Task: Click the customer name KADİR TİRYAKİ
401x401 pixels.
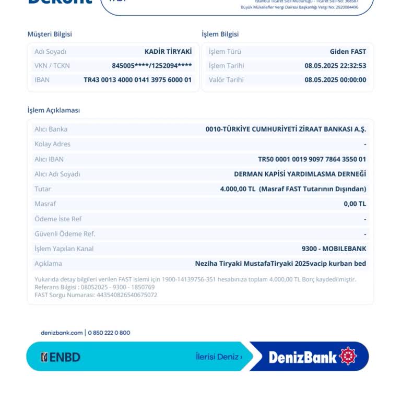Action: pos(168,52)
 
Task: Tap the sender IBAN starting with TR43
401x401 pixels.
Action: pos(137,80)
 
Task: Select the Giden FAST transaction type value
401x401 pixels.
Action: pos(348,52)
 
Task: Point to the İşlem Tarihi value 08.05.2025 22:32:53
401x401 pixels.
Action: pos(335,66)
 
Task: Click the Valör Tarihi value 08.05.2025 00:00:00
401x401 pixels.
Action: pos(335,80)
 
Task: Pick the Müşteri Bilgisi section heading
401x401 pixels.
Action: pos(50,34)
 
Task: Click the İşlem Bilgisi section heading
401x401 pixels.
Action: pos(220,34)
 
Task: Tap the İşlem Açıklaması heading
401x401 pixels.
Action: pos(53,110)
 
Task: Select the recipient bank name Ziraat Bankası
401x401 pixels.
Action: pos(286,129)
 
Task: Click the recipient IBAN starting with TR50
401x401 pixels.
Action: pos(312,159)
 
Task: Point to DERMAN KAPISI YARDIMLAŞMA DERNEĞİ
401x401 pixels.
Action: pos(300,174)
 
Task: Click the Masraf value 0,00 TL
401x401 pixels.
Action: pos(355,204)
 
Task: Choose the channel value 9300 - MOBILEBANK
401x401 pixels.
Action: pos(334,249)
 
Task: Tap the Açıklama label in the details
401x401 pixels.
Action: pos(48,264)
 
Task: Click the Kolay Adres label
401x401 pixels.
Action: pos(52,144)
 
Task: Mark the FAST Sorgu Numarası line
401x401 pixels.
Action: pos(96,295)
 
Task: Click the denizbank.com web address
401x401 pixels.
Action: pos(62,333)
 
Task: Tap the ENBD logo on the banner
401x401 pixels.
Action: pos(61,357)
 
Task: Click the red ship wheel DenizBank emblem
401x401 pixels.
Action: pos(348,356)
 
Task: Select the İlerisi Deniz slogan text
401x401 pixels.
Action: pos(219,357)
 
